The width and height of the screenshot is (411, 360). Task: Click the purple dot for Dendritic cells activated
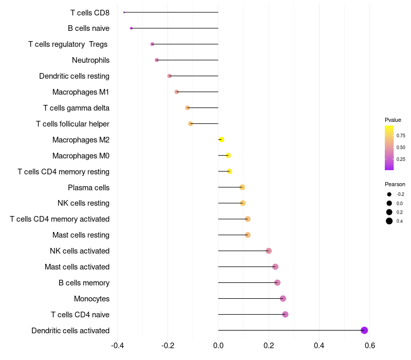click(364, 330)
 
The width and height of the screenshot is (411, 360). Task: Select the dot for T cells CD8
click(124, 12)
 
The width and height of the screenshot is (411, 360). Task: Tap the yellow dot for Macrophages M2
click(221, 139)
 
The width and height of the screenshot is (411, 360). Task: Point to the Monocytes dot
click(283, 298)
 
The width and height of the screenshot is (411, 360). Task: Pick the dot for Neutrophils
click(157, 60)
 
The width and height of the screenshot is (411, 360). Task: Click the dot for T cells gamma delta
click(188, 107)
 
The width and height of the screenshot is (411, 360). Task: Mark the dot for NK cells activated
click(268, 251)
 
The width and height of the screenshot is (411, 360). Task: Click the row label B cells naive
click(88, 28)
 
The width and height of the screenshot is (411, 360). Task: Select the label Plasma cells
click(88, 187)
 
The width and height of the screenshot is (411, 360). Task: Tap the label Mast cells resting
click(81, 235)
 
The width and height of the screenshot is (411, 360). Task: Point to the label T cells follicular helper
click(72, 124)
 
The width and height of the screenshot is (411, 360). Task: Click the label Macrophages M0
click(81, 155)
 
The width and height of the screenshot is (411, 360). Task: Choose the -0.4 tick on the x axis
click(117, 345)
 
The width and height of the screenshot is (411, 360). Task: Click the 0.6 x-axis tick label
click(369, 345)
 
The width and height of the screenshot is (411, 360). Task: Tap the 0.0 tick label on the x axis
click(218, 345)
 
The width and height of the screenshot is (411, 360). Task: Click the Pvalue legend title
click(393, 120)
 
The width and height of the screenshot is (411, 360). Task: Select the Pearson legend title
click(395, 184)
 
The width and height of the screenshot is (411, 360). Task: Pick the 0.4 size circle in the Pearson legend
click(389, 221)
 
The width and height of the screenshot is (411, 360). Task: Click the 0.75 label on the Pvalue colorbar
click(401, 136)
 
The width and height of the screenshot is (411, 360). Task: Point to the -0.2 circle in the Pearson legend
click(389, 194)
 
